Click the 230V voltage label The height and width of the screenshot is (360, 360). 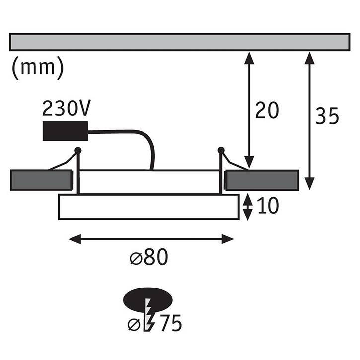67,108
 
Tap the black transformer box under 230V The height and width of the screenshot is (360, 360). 66,131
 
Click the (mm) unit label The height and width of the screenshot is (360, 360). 37,68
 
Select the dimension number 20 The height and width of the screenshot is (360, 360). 267,110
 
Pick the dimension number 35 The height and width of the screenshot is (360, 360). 327,116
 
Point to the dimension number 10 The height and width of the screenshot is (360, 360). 268,206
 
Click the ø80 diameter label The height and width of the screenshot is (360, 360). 149,257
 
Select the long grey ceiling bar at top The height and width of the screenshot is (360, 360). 180,42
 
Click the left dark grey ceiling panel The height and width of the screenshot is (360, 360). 42,180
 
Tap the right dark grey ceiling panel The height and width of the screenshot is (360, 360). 262,180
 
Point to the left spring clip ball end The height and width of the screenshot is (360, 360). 78,150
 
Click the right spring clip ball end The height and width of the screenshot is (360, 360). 221,150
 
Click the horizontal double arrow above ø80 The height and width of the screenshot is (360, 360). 151,239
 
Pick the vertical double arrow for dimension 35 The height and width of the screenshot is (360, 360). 309,121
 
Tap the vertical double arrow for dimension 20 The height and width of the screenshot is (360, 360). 249,110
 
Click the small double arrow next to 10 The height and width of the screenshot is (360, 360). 247,207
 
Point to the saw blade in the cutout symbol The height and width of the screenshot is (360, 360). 148,315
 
